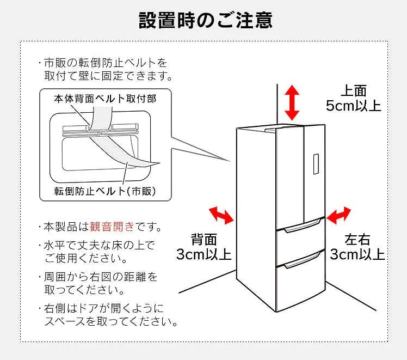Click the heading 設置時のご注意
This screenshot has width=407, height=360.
(x=205, y=20)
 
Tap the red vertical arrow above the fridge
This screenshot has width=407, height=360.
(x=292, y=102)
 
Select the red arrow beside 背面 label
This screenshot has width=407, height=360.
(x=221, y=215)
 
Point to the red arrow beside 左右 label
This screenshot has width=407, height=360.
(x=338, y=215)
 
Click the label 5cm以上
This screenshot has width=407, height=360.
(x=353, y=105)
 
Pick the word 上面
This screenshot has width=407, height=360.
(x=354, y=90)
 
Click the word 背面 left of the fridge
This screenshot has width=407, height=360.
(x=203, y=239)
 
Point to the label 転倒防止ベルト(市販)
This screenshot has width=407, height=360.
(x=105, y=191)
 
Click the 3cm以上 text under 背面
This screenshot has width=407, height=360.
(x=203, y=254)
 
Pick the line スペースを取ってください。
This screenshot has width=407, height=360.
(x=111, y=322)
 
